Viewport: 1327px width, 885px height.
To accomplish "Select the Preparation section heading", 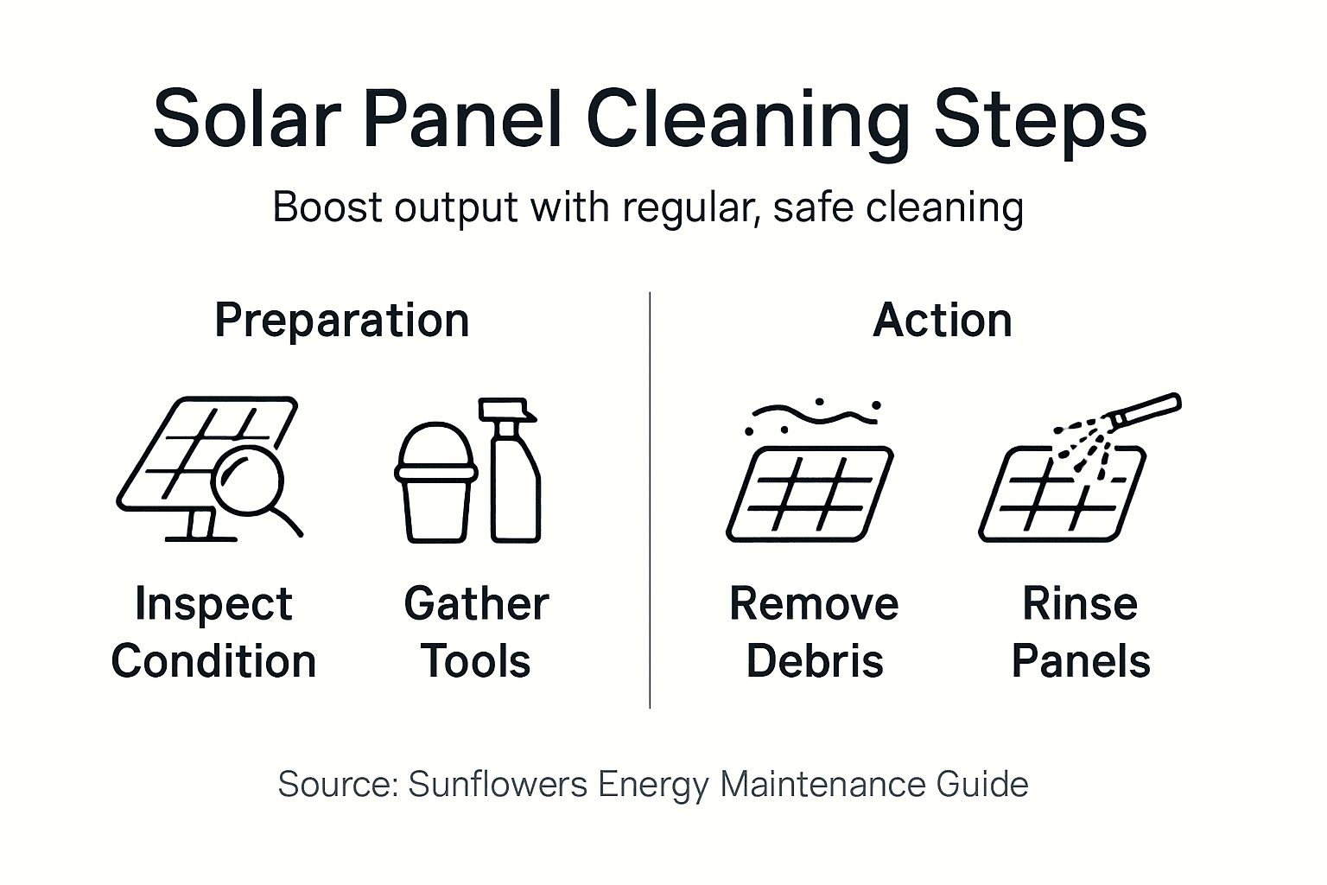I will click(x=341, y=321).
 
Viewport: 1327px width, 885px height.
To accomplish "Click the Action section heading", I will click(x=943, y=321).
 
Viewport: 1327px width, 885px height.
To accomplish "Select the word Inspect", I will click(x=213, y=604).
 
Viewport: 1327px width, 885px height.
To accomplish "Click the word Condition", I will click(x=213, y=662).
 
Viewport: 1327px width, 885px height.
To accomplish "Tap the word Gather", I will click(x=476, y=604).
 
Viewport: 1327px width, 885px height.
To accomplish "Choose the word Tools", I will click(x=476, y=662).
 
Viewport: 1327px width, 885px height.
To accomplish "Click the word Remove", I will click(x=814, y=604).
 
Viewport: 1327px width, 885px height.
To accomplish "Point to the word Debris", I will click(x=814, y=662).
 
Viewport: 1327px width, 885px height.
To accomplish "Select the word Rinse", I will click(x=1080, y=604).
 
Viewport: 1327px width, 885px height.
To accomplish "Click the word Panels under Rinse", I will click(x=1081, y=662).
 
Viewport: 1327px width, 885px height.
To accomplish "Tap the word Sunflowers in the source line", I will click(x=498, y=785).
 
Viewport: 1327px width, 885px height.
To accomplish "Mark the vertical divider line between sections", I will click(x=650, y=501).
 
